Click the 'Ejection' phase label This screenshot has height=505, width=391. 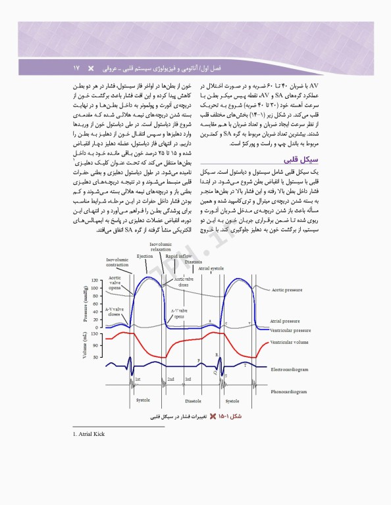coord(145,256)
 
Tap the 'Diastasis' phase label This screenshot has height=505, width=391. coord(194,262)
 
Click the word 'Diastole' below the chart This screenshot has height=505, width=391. coord(193,400)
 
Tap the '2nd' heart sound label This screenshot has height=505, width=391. coord(170,379)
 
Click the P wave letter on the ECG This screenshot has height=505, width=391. coord(198,361)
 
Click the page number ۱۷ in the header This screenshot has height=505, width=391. coord(76,68)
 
